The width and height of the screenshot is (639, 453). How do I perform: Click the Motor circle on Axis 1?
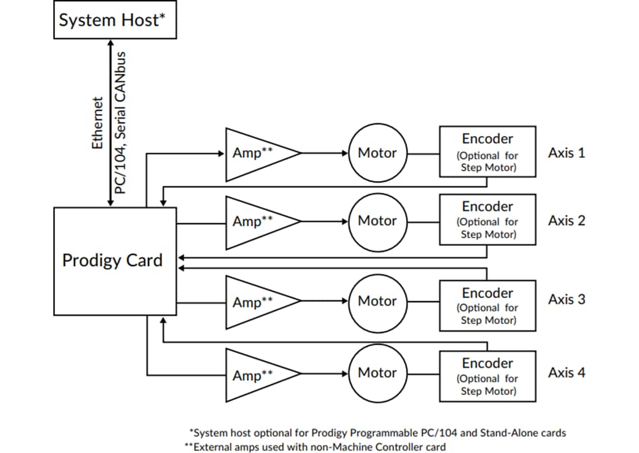377,153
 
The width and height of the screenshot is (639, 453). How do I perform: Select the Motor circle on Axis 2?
377,221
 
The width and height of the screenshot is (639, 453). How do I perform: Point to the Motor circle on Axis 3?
377,301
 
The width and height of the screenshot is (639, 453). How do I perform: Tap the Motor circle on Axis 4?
377,373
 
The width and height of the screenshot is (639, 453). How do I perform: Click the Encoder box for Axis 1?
488,152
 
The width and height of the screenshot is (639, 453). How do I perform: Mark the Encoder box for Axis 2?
488,220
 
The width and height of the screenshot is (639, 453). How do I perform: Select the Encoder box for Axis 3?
488,306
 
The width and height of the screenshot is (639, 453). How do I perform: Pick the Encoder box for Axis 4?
488,376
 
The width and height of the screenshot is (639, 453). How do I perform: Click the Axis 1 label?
566,153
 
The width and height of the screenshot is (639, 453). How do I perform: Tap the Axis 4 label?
566,373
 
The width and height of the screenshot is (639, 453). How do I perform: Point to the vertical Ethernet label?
98,122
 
